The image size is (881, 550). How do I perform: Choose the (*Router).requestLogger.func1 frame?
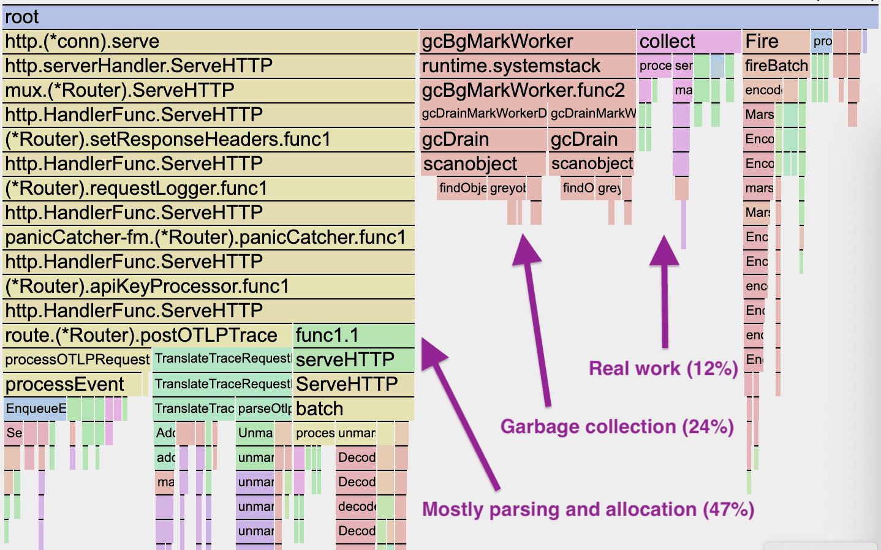pyautogui.click(x=208, y=189)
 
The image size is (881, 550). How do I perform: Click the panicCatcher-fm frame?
pyautogui.click(x=208, y=238)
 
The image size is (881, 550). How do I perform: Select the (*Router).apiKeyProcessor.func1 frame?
pyautogui.click(x=208, y=287)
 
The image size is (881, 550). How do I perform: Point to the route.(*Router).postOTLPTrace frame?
pyautogui.click(x=147, y=336)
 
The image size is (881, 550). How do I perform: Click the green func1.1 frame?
pyautogui.click(x=354, y=336)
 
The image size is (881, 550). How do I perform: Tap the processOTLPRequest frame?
pyautogui.click(x=77, y=360)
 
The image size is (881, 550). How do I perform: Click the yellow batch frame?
pyautogui.click(x=354, y=409)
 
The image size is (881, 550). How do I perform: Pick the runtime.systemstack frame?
pyautogui.click(x=527, y=66)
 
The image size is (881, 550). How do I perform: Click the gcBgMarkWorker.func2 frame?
pyautogui.click(x=527, y=91)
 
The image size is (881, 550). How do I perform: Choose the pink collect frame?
pyautogui.click(x=689, y=42)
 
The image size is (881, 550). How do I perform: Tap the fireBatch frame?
pyautogui.click(x=776, y=66)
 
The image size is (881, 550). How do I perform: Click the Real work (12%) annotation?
pyautogui.click(x=663, y=369)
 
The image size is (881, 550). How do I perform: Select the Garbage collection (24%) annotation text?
pyautogui.click(x=617, y=427)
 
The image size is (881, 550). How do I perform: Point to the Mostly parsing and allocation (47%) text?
pyautogui.click(x=588, y=510)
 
